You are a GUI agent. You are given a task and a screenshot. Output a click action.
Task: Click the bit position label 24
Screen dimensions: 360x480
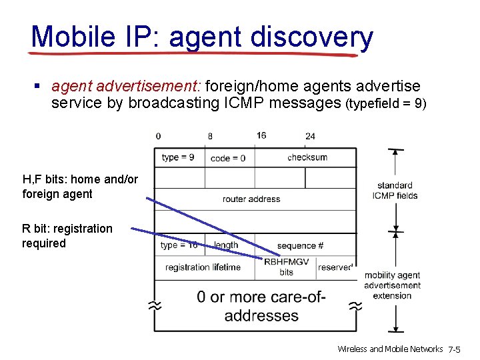pyautogui.click(x=310, y=136)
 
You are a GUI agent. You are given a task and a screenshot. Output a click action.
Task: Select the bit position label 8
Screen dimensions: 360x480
pyautogui.click(x=210, y=136)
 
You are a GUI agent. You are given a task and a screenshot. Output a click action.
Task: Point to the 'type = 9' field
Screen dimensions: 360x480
pyautogui.click(x=178, y=157)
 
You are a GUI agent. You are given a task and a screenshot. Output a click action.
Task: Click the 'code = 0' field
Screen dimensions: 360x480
pyautogui.click(x=228, y=158)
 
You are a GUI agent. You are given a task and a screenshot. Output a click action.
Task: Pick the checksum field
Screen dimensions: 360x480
pyautogui.click(x=307, y=157)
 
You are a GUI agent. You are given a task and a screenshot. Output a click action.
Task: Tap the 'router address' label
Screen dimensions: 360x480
pyautogui.click(x=251, y=199)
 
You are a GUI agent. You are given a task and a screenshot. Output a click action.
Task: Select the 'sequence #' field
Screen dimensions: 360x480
pyautogui.click(x=300, y=245)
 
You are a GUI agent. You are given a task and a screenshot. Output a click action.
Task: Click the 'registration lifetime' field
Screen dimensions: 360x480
pyautogui.click(x=203, y=267)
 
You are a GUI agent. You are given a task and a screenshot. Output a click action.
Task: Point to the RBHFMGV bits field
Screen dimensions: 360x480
pyautogui.click(x=286, y=267)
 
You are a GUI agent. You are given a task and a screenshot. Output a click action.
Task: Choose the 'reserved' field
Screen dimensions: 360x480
pyautogui.click(x=335, y=267)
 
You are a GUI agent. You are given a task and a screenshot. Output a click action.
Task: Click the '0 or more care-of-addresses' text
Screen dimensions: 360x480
pyautogui.click(x=261, y=306)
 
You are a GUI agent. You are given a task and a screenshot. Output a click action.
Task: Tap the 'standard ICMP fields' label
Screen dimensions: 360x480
pyautogui.click(x=395, y=190)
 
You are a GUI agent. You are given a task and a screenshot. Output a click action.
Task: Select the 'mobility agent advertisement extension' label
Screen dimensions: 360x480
pyautogui.click(x=392, y=285)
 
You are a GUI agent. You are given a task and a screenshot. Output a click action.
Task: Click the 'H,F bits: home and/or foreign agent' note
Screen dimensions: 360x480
pyautogui.click(x=80, y=187)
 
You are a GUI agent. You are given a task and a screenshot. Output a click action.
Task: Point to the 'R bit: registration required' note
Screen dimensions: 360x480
pyautogui.click(x=67, y=236)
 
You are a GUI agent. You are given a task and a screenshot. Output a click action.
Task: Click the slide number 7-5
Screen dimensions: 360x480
pyautogui.click(x=459, y=349)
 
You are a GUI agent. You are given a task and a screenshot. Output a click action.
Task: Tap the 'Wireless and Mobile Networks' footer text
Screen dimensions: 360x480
pyautogui.click(x=390, y=349)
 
